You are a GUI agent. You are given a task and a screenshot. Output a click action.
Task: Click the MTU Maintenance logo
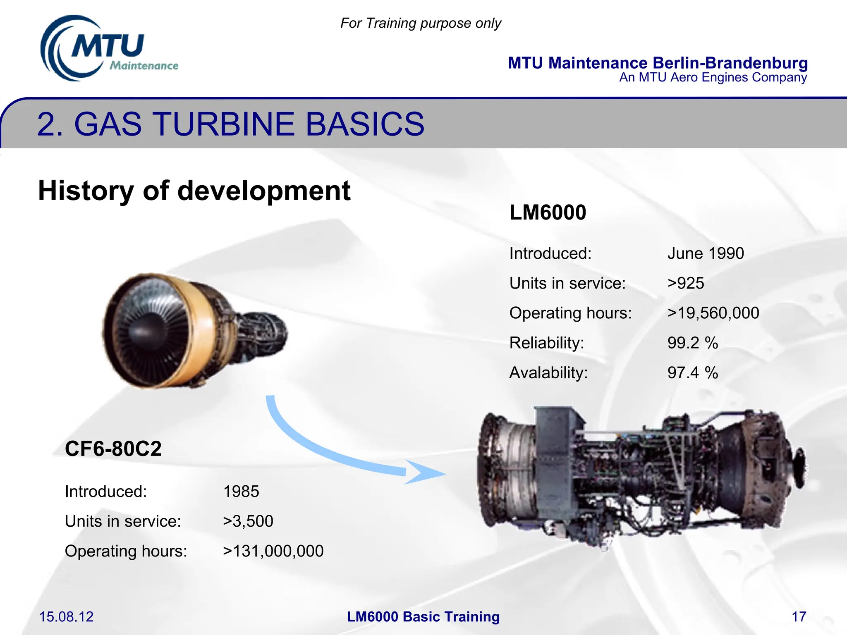[108, 49]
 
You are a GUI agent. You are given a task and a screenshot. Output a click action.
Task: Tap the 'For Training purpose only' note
[421, 23]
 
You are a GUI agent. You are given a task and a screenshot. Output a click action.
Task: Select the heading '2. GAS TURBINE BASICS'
[230, 124]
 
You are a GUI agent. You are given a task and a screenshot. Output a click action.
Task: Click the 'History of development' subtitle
[194, 191]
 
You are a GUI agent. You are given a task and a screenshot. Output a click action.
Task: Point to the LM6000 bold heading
[548, 212]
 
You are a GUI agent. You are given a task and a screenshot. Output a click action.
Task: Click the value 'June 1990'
[706, 253]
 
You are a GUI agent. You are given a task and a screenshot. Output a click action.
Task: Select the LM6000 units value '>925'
[685, 283]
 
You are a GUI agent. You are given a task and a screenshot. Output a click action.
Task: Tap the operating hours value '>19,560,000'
[713, 313]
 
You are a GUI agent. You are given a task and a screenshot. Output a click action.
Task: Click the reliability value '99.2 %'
[692, 343]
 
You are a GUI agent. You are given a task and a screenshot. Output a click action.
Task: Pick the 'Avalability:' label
[548, 372]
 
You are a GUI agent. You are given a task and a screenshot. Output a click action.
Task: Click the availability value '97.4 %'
[692, 372]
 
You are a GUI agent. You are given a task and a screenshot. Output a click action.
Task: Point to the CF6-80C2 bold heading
[113, 449]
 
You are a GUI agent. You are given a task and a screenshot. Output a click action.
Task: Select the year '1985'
[241, 492]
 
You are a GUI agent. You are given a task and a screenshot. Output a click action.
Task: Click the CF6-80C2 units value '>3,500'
[248, 521]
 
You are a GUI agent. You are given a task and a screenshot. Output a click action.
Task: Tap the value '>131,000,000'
[273, 551]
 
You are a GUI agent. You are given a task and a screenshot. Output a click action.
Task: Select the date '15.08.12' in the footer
[66, 617]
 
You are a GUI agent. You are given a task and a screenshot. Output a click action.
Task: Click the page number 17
[799, 617]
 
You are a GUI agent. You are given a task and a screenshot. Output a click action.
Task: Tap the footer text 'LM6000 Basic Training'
[423, 617]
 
